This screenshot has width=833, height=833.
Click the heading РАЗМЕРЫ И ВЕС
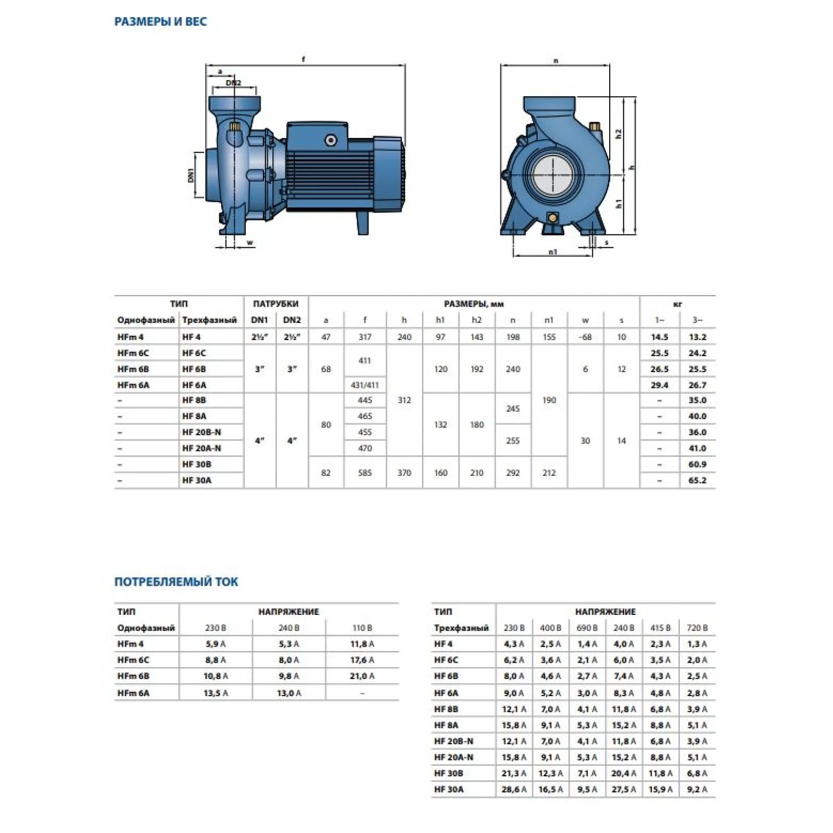pos(160,22)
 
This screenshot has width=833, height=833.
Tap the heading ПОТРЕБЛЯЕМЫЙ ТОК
pos(176,582)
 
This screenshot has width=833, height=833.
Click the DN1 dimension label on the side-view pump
pos(191,175)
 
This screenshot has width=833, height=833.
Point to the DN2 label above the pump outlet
pos(233,83)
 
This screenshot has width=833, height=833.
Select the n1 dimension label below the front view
pos(552,252)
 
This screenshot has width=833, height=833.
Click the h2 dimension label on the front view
pos(619,134)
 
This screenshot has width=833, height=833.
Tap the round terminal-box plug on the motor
pos(331,140)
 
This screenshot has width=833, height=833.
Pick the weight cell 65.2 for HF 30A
pos(697,480)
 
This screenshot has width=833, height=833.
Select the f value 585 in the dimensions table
pos(365,473)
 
